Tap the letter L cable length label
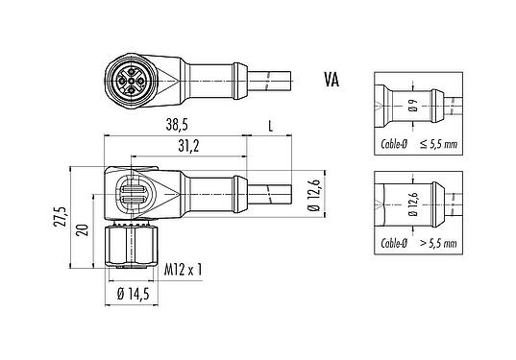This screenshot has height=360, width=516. [272, 126]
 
